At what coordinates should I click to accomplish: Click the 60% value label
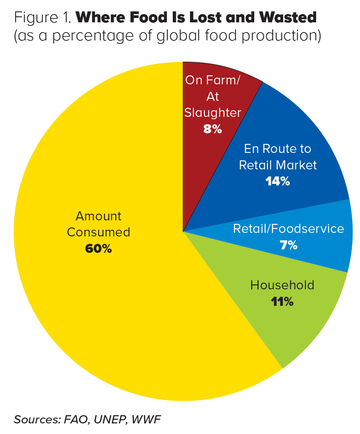[x=98, y=249]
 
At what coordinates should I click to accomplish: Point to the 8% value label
[x=213, y=129]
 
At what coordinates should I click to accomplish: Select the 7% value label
[x=288, y=245]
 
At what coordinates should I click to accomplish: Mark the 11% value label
[x=282, y=302]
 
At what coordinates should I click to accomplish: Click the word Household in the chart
[x=282, y=285]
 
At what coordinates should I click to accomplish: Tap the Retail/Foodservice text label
[x=288, y=229]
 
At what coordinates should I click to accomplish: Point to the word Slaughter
[x=213, y=113]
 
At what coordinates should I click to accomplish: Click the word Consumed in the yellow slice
[x=98, y=232]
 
